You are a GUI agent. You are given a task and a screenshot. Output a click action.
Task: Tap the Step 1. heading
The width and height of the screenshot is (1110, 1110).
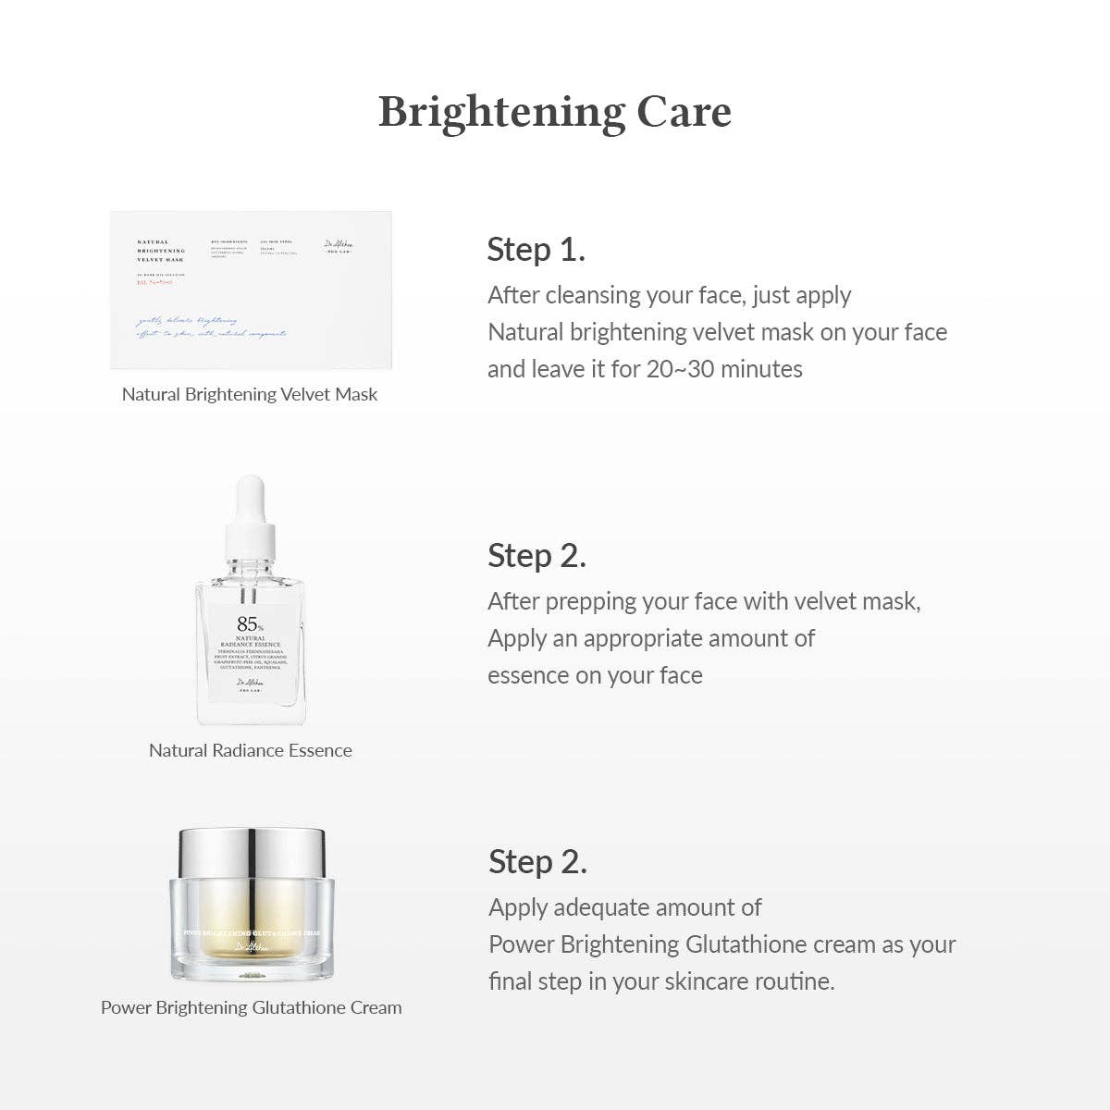[x=536, y=249]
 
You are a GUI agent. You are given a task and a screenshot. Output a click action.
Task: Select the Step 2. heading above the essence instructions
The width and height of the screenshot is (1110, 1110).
[x=536, y=555]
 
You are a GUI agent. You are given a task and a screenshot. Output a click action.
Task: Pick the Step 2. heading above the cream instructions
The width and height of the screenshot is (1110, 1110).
[x=537, y=861]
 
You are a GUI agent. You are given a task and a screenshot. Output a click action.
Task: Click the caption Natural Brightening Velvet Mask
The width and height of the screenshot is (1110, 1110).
[x=250, y=394]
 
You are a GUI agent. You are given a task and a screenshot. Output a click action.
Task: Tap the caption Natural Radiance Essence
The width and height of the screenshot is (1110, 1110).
[x=251, y=750]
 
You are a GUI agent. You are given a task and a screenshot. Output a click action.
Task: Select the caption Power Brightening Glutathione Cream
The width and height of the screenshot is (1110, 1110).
[x=251, y=1007]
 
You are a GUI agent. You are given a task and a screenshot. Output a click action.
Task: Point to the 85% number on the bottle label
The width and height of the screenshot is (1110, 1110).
[x=247, y=624]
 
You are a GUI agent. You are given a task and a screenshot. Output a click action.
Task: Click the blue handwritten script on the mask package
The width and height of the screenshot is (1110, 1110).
[x=211, y=327]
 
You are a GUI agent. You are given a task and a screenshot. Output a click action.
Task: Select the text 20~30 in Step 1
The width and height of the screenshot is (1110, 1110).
[x=680, y=369]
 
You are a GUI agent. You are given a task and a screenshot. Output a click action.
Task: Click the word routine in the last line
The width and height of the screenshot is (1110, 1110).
[x=792, y=981]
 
